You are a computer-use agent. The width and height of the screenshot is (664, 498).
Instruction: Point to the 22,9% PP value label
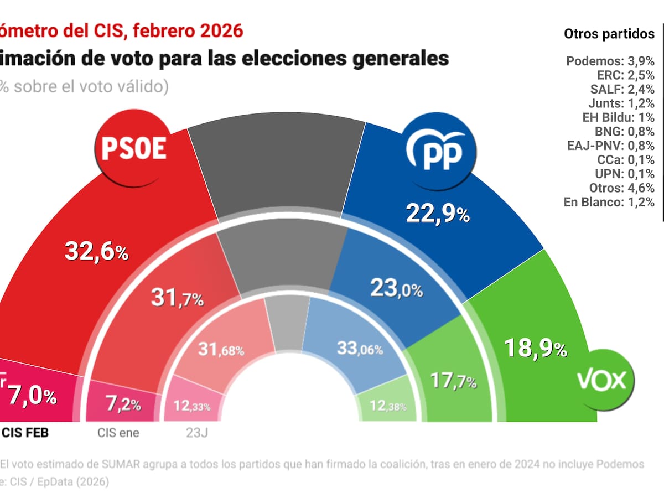[438, 214]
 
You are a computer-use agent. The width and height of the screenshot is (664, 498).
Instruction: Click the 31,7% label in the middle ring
[177, 299]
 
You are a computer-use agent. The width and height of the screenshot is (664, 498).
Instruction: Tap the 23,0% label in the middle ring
[396, 288]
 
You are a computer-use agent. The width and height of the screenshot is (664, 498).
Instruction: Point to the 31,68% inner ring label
[221, 350]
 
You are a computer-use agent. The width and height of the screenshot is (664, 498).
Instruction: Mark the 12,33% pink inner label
[192, 406]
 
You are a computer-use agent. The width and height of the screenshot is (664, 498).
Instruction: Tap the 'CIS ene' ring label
[118, 433]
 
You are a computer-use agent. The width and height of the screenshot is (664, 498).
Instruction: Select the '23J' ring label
[191, 433]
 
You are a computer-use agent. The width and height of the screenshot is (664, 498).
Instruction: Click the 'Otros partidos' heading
[609, 34]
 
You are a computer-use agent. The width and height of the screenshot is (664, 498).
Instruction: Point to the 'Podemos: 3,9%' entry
[610, 61]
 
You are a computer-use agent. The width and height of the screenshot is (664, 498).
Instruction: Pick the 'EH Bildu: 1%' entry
[619, 117]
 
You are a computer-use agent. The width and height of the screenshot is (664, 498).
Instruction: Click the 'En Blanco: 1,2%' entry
[609, 202]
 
